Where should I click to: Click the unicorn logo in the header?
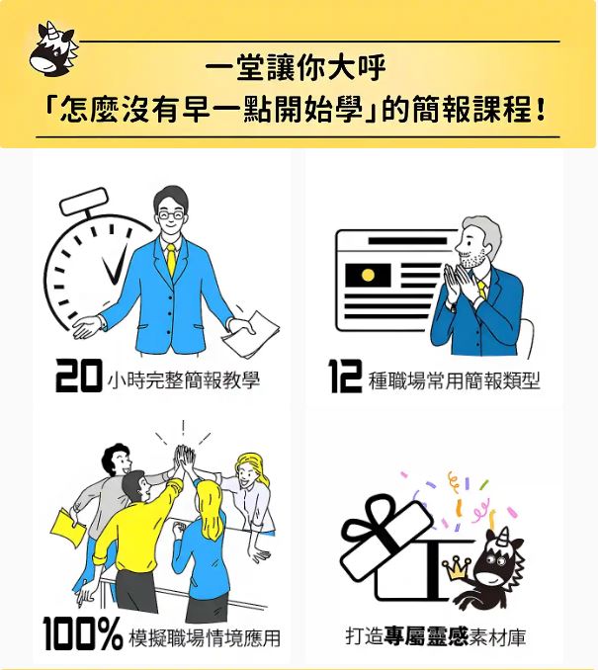coord(53,49)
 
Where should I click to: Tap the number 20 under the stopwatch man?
coord(79,376)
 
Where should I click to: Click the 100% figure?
coord(83,633)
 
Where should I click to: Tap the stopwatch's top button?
coord(84,202)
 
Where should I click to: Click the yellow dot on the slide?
coord(368,275)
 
